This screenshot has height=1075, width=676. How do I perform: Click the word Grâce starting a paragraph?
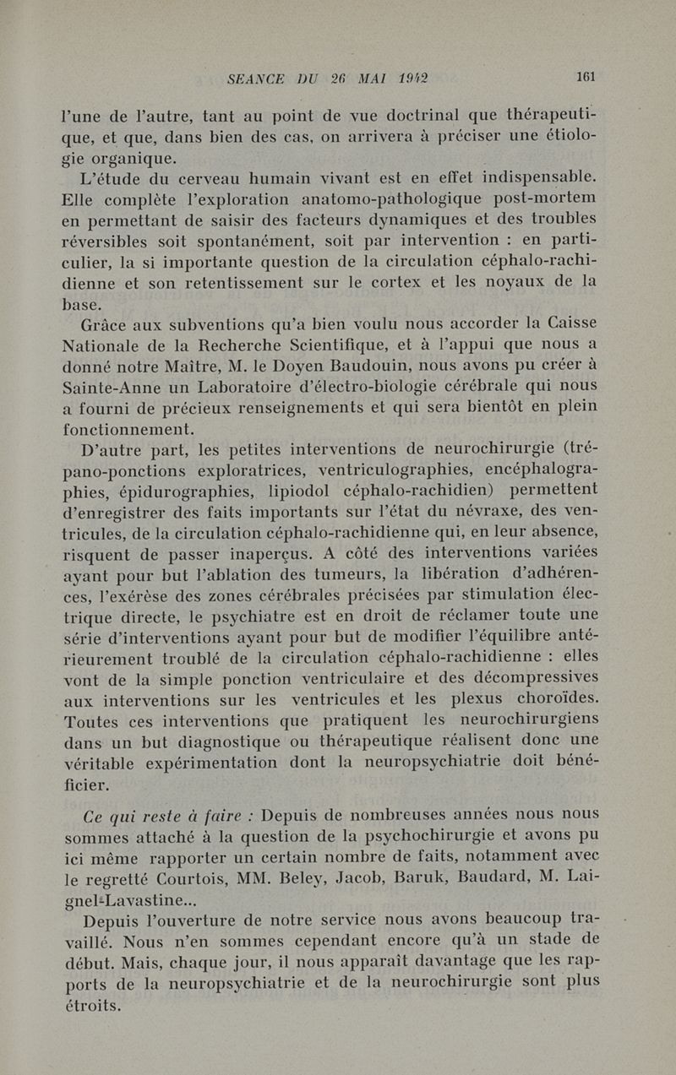click(x=105, y=324)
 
